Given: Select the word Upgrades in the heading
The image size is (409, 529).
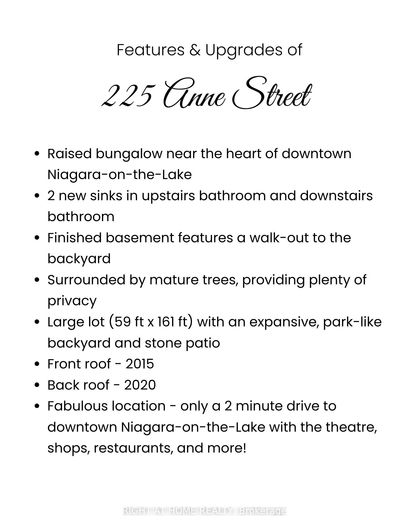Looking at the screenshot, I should (244, 51).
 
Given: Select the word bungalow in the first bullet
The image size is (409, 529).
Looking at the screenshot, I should (129, 154).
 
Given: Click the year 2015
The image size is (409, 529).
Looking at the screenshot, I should (140, 364).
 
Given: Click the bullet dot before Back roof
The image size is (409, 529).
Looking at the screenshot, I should (37, 385).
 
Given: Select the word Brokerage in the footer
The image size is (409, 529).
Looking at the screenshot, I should (263, 511).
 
